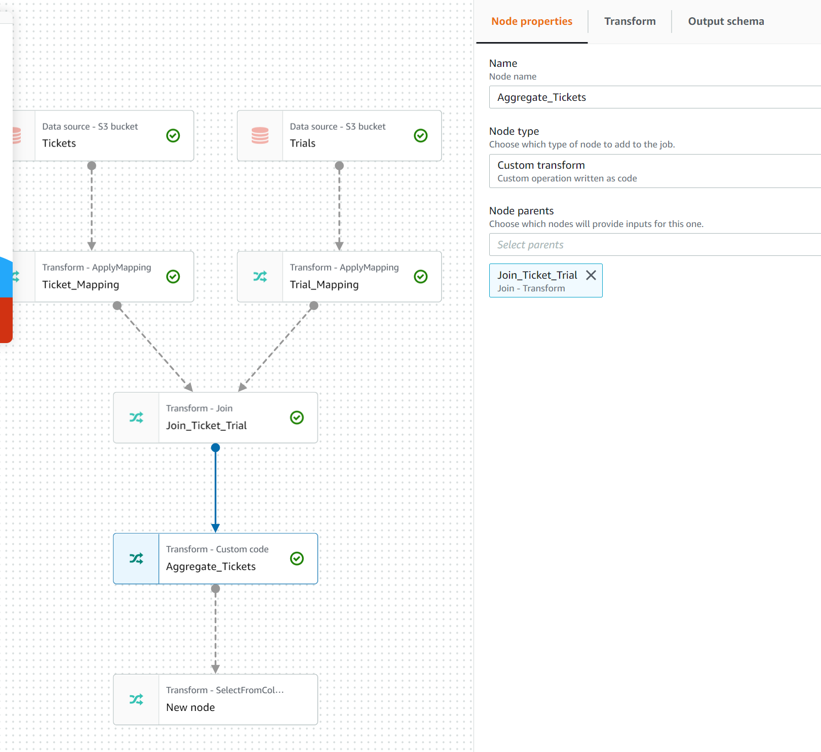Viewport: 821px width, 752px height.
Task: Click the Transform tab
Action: click(630, 21)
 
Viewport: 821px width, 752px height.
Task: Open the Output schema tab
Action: click(725, 21)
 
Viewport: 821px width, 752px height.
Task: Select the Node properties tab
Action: click(531, 21)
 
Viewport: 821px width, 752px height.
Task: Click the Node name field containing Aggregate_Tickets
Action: click(653, 97)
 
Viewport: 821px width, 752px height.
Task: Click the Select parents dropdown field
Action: click(653, 245)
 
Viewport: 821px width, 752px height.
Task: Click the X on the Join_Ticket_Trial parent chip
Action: click(591, 275)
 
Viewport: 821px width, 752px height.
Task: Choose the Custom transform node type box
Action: click(653, 171)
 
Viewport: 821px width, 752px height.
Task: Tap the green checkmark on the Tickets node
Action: click(173, 136)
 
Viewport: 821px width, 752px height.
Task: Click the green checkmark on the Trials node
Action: click(420, 136)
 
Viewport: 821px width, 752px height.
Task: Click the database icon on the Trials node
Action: click(260, 136)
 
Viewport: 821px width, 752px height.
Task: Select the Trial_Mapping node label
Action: click(324, 285)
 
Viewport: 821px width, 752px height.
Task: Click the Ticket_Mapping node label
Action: click(81, 285)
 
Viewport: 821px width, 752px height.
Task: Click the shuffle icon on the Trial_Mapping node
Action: click(260, 277)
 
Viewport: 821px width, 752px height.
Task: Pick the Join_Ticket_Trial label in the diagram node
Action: click(206, 426)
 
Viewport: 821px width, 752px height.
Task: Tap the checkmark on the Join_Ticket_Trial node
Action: click(297, 418)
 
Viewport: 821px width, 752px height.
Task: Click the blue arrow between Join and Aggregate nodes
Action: click(215, 489)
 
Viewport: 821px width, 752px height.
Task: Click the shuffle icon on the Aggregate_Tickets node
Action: click(136, 558)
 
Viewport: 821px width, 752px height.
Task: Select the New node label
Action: click(190, 707)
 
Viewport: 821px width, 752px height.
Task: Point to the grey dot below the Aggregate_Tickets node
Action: click(215, 589)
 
